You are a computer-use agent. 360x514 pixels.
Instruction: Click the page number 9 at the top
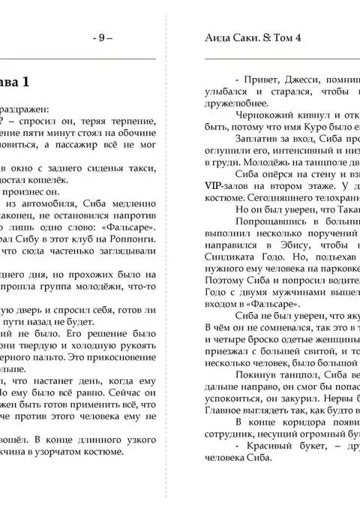[102, 38]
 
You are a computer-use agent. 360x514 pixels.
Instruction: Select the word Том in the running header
[281, 38]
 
